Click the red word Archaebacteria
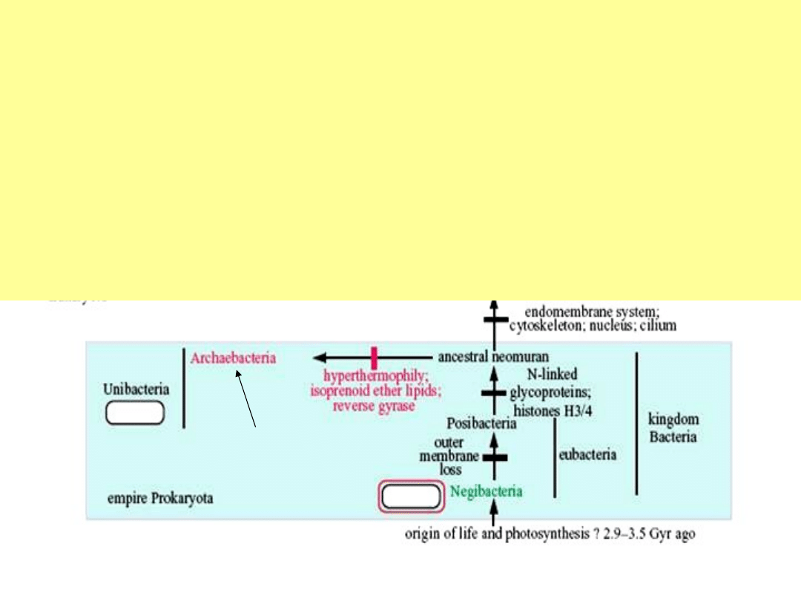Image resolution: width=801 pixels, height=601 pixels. click(233, 358)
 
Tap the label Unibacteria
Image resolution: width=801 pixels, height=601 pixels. click(136, 389)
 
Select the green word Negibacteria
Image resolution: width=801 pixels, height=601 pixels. click(486, 491)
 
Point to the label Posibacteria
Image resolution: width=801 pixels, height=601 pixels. click(482, 424)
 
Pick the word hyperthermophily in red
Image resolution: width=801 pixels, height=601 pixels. click(372, 376)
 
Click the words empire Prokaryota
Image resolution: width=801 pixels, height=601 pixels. click(160, 498)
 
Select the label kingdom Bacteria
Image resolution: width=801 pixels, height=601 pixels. click(673, 427)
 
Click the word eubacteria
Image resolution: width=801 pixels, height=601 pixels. click(587, 454)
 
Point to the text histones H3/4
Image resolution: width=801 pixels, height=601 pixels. click(556, 410)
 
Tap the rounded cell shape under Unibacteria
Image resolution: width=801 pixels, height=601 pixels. click(135, 413)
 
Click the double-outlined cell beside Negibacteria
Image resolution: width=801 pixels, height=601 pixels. click(411, 496)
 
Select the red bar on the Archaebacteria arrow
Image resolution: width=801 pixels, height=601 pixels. click(374, 357)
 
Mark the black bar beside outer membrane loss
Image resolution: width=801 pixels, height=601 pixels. click(494, 458)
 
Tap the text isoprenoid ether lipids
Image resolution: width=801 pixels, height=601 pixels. click(372, 391)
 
